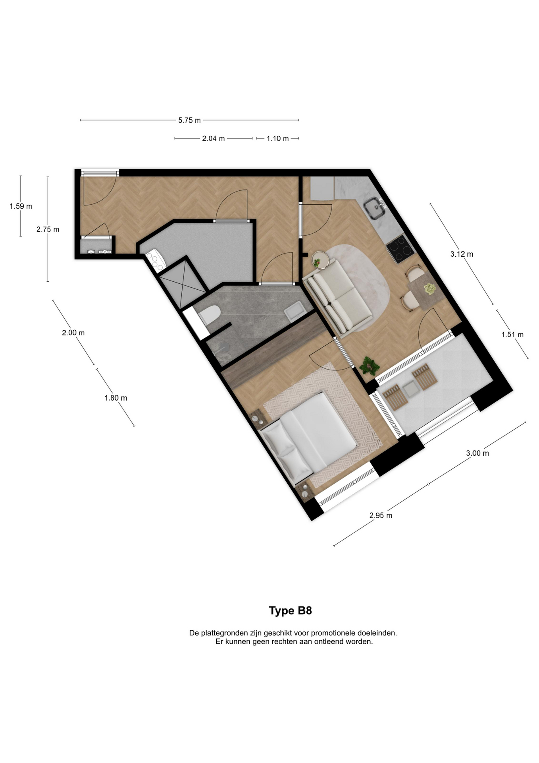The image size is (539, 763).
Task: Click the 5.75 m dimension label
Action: [x=189, y=120]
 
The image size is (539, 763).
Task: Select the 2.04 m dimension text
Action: [x=213, y=138]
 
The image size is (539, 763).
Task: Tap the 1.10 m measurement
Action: [x=277, y=138]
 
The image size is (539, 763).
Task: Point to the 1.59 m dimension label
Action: [x=21, y=206]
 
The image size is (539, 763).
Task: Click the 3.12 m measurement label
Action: [x=462, y=254]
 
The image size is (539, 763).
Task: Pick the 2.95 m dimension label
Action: [x=381, y=515]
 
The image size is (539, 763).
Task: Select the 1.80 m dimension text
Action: [x=115, y=398]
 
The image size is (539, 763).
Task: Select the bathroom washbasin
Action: [x=295, y=310]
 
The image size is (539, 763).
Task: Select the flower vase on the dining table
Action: [x=429, y=289]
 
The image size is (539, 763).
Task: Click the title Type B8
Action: [x=290, y=610]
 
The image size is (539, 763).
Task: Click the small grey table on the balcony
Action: [x=409, y=389]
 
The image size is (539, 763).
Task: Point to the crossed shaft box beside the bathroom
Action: [x=182, y=283]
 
